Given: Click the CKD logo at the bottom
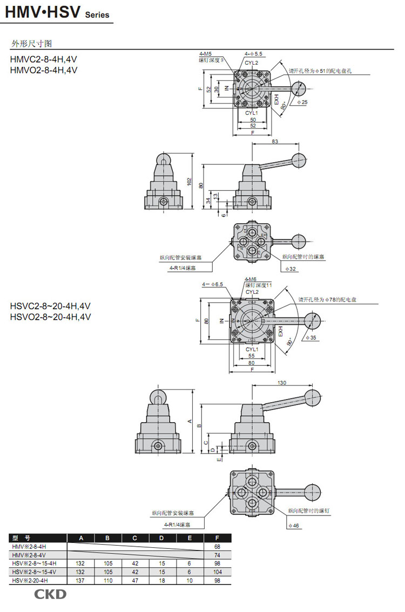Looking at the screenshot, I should pos(51,595).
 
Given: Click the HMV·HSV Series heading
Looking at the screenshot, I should pos(57,13).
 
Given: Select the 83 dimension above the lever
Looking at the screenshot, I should pos(275,141).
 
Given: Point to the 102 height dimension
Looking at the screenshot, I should pos(189,182).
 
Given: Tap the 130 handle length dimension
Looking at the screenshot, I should pos(281,383).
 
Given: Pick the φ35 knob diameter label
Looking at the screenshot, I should pos(311,338).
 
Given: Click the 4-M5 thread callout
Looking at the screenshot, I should pos(205,54).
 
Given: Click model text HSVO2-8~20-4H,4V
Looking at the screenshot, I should pos(50,317).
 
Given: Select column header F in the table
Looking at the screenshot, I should pos(217,538).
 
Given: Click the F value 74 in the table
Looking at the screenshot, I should pos(217,555).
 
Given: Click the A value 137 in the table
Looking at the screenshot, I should pos(80,580).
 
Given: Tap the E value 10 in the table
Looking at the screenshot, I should pos(190,580).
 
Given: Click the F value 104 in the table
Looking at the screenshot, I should pos(217,572).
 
